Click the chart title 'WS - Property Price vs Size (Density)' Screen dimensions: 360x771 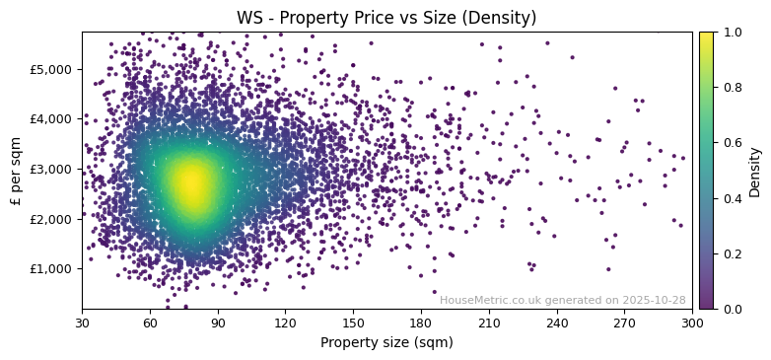(x=386, y=18)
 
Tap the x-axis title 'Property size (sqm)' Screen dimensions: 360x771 (x=386, y=343)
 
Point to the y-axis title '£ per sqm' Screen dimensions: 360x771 (x=16, y=171)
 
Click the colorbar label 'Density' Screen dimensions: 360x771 (x=755, y=171)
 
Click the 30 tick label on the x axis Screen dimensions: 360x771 (x=82, y=323)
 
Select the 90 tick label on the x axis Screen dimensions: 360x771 (x=218, y=323)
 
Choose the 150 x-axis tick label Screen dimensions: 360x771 (x=353, y=323)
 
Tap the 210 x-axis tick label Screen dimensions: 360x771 (x=489, y=323)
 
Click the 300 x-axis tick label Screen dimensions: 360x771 (x=692, y=323)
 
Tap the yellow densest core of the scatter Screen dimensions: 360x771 (x=192, y=183)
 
